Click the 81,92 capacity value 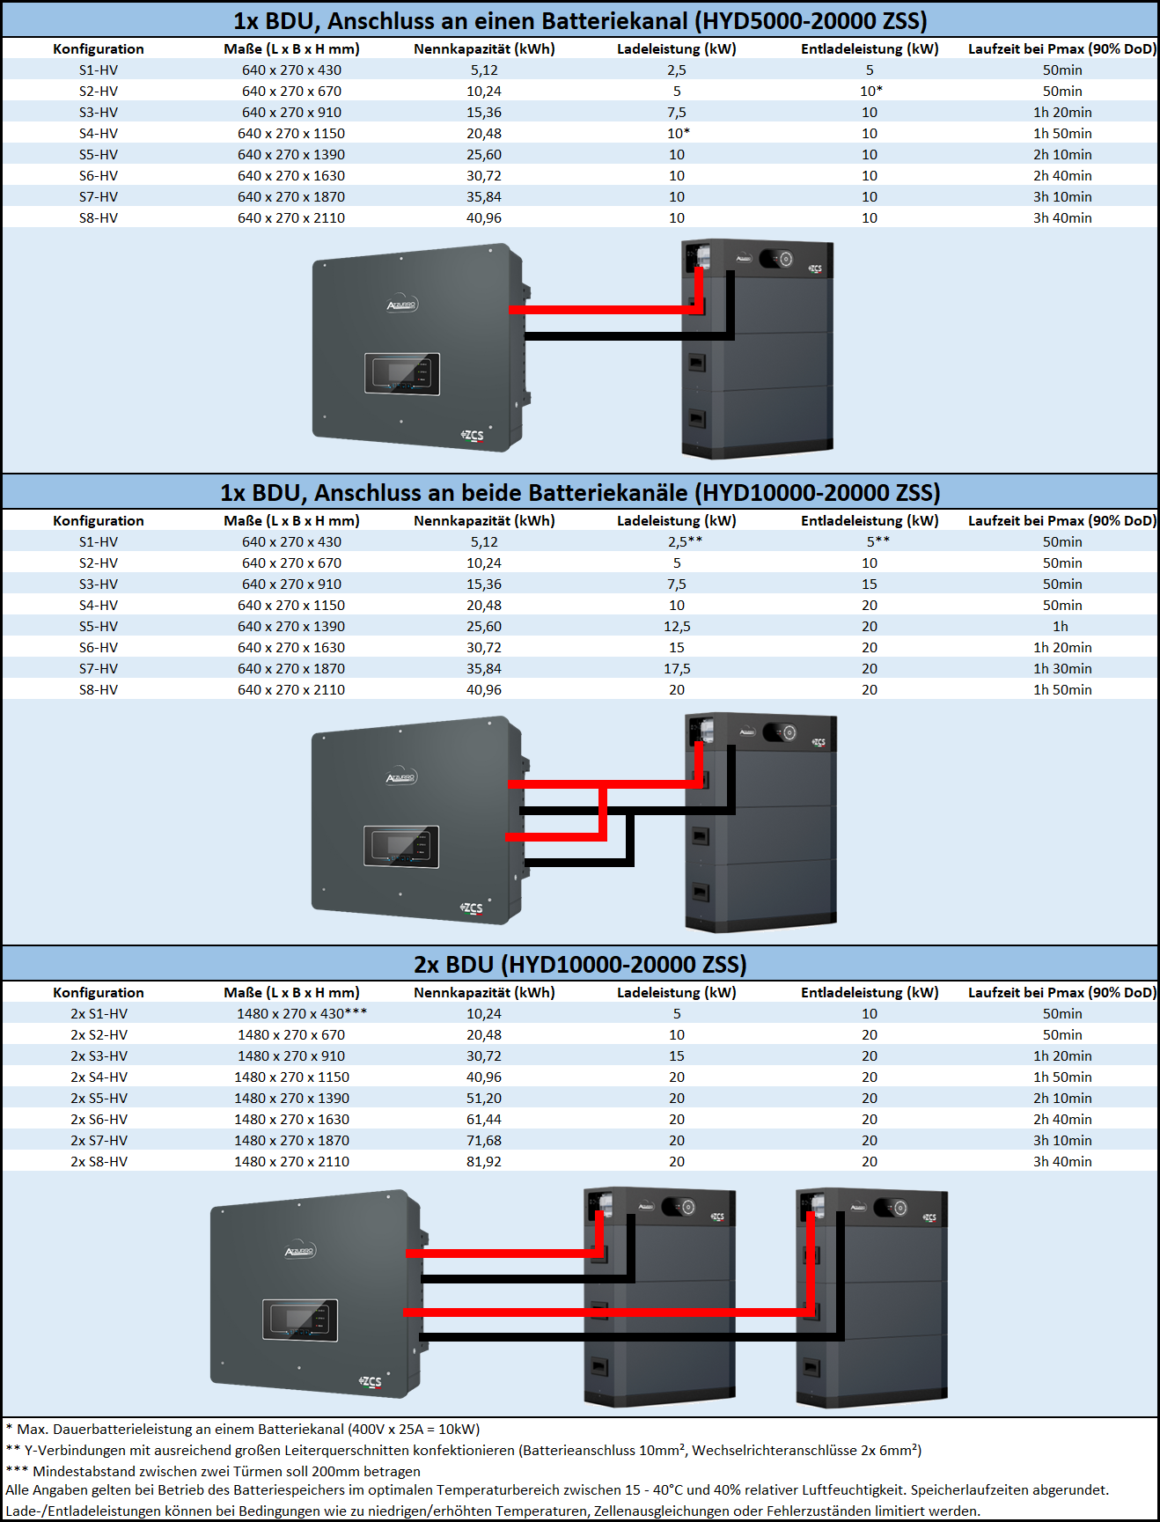pyautogui.click(x=484, y=1161)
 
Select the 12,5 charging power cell pyautogui.click(x=677, y=626)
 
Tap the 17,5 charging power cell pyautogui.click(x=677, y=668)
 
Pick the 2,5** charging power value pyautogui.click(x=685, y=541)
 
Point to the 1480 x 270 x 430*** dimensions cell pyautogui.click(x=301, y=1013)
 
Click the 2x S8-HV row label pyautogui.click(x=99, y=1161)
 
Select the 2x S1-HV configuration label pyautogui.click(x=99, y=1013)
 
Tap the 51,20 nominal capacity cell pyautogui.click(x=484, y=1098)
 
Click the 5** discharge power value pyautogui.click(x=877, y=541)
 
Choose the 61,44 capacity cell pyautogui.click(x=484, y=1119)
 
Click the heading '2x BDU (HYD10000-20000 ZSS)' pyautogui.click(x=580, y=964)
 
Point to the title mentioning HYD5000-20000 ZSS pyautogui.click(x=580, y=20)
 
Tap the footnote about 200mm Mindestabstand pyautogui.click(x=213, y=1470)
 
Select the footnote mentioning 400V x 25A pyautogui.click(x=243, y=1429)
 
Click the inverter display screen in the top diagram pyautogui.click(x=402, y=373)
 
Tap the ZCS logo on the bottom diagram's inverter pyautogui.click(x=371, y=1381)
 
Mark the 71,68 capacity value pyautogui.click(x=484, y=1140)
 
